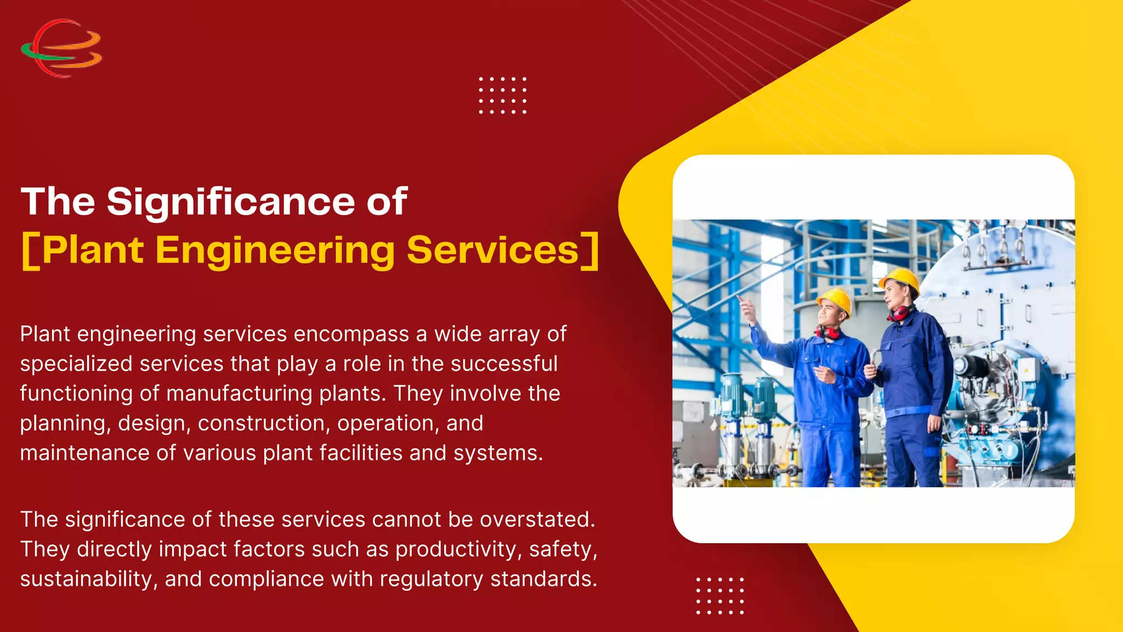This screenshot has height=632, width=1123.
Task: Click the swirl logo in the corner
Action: (61, 48)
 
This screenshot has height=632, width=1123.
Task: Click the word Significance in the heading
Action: (231, 202)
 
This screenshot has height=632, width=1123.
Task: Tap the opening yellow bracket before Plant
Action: (30, 251)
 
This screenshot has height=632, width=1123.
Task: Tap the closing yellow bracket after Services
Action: (590, 251)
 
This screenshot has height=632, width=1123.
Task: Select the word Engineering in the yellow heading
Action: (275, 251)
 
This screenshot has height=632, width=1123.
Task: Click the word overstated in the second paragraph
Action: (537, 520)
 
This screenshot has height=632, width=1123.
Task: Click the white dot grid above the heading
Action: (502, 95)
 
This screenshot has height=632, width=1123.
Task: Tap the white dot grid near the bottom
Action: (719, 595)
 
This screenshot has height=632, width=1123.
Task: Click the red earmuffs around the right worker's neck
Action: (900, 313)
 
